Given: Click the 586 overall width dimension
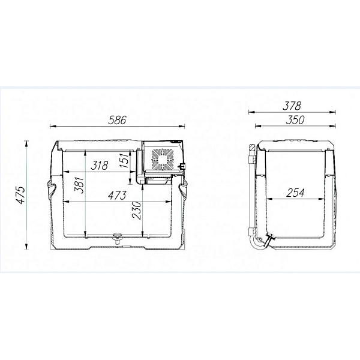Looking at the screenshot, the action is pyautogui.click(x=118, y=121).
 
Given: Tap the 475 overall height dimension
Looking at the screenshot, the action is pyautogui.click(x=21, y=195).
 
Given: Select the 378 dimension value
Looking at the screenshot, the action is pyautogui.click(x=292, y=106).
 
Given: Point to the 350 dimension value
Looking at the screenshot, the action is pyautogui.click(x=295, y=120).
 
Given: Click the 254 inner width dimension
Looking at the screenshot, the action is pyautogui.click(x=295, y=193).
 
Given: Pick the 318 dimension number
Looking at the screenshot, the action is pyautogui.click(x=100, y=166).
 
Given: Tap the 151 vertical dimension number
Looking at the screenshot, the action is pyautogui.click(x=124, y=160).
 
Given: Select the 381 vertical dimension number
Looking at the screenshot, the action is pyautogui.click(x=79, y=185).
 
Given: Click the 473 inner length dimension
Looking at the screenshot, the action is pyautogui.click(x=118, y=196).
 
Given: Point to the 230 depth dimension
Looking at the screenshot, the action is pyautogui.click(x=137, y=211).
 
